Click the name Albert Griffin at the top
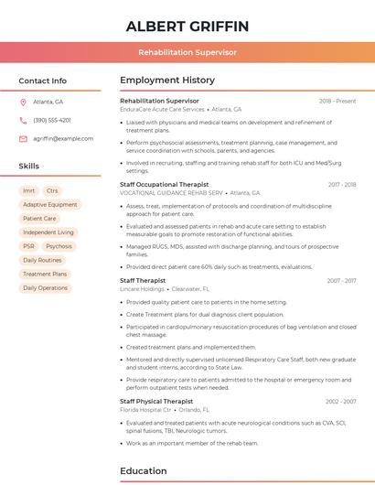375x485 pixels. [187, 26]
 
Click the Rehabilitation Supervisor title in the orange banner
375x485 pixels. [187, 53]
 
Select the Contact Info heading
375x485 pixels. [43, 81]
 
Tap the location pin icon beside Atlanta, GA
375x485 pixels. [23, 102]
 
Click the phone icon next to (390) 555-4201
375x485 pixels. [23, 120]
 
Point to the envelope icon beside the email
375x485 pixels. [23, 138]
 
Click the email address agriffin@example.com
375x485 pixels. [63, 138]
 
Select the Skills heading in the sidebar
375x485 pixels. [29, 166]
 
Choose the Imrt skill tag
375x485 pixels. [29, 191]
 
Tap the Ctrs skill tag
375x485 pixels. [52, 191]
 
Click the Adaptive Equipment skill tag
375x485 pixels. [49, 205]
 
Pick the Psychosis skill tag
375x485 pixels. [59, 246]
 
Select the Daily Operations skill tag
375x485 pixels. [45, 287]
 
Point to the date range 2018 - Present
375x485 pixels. [337, 101]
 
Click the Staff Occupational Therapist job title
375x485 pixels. [165, 184]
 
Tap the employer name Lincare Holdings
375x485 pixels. [142, 289]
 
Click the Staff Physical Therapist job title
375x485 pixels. [156, 401]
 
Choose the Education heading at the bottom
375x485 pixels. [145, 471]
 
